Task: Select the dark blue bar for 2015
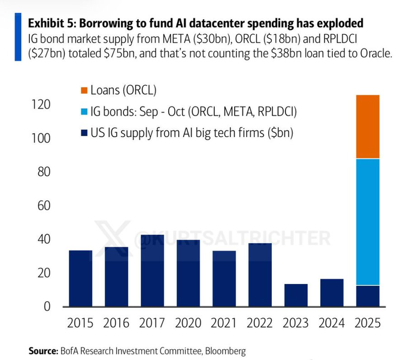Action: click(80, 279)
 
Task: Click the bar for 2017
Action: click(152, 271)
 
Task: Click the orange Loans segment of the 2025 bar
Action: click(367, 126)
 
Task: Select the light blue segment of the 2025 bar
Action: click(367, 222)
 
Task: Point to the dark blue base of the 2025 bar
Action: click(367, 296)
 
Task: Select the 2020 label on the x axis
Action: click(188, 324)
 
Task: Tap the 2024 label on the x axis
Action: click(332, 324)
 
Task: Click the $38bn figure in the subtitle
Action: click(288, 53)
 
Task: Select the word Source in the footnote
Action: click(43, 350)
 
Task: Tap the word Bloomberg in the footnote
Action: click(224, 350)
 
